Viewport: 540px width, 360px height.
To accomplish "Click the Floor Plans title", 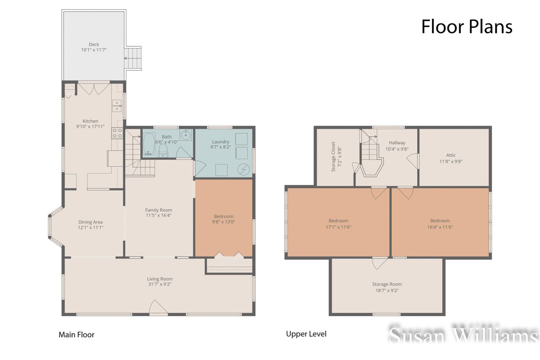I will (466, 27).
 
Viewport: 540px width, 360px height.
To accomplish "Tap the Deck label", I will (94, 44).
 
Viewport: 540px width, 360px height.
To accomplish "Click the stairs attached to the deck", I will (133, 59).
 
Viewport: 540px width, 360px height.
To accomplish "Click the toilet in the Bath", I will (163, 150).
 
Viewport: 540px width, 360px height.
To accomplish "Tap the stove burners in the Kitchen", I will (117, 133).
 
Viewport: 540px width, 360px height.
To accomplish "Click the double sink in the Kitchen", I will (117, 106).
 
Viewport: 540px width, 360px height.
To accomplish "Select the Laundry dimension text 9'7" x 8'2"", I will (220, 147).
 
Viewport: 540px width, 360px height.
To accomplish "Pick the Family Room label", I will (159, 210).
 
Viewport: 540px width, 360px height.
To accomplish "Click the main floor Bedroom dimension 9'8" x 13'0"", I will (223, 222).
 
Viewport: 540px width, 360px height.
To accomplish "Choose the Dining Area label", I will (90, 222).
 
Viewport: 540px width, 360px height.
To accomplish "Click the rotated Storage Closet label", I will (333, 157).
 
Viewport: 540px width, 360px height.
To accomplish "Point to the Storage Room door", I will (380, 263).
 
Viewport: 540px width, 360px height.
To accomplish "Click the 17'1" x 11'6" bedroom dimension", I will (338, 227).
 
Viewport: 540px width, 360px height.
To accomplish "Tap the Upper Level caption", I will (306, 334).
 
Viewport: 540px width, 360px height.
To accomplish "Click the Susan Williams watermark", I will (463, 335).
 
